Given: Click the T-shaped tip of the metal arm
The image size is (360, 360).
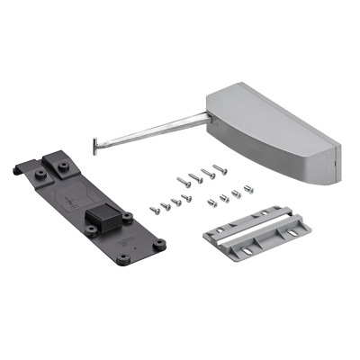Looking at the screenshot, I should pos(95,141).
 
